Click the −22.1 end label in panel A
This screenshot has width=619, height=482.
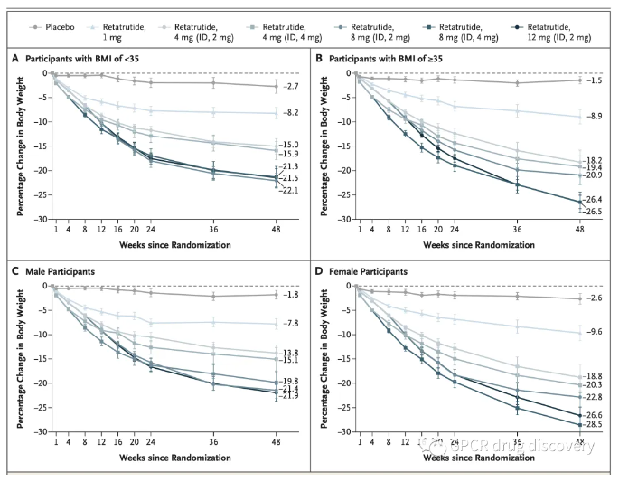(x=289, y=190)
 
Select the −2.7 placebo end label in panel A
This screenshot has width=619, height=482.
(x=287, y=87)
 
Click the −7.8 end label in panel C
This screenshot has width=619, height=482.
(x=287, y=324)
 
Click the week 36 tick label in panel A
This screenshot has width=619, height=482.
(x=213, y=230)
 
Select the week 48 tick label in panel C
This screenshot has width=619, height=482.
(x=276, y=442)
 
